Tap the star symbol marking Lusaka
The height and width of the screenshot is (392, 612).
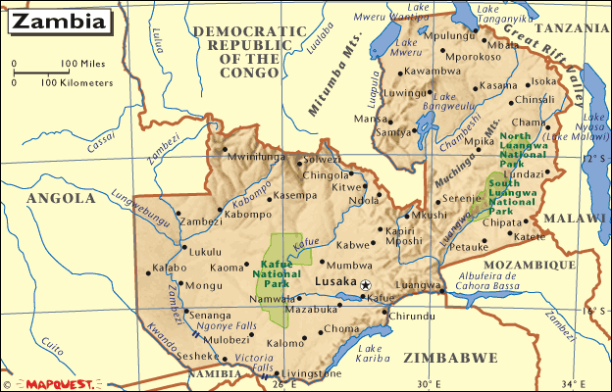click(366, 284)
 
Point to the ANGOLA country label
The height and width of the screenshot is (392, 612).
click(61, 198)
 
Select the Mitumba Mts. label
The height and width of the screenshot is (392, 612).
click(331, 84)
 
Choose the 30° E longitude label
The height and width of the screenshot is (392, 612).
click(430, 383)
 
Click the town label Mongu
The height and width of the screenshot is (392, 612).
click(177, 286)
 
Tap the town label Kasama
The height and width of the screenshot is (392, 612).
click(497, 85)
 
